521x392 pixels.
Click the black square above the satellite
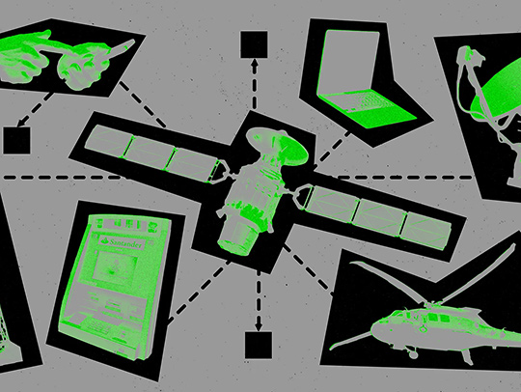coord(254,44)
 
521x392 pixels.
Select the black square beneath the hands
coord(16,141)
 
